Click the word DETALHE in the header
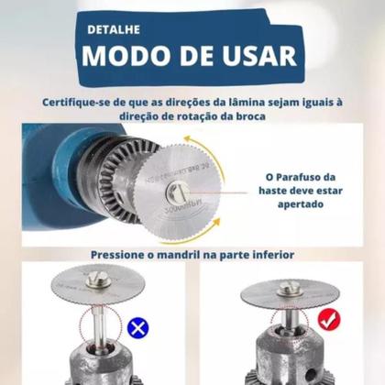(x=115, y=28)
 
